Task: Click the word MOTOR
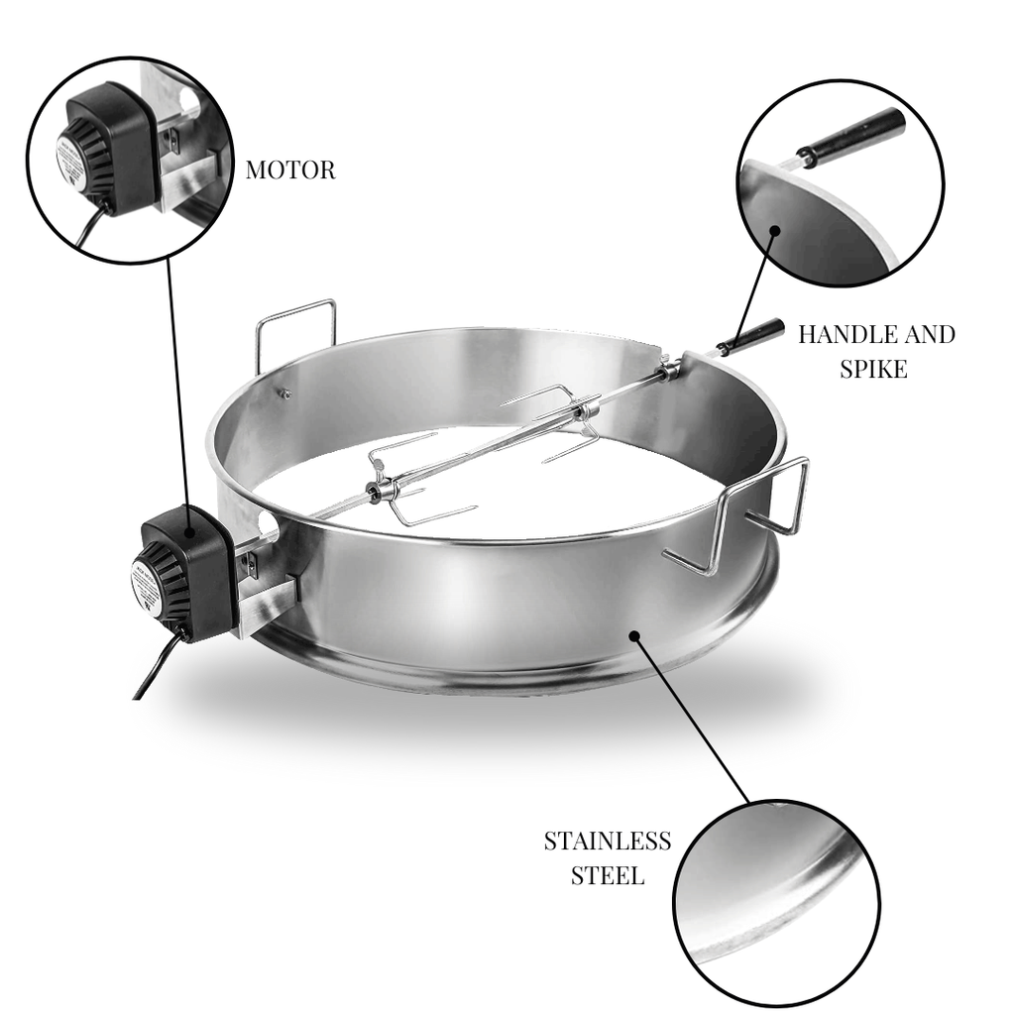click(x=289, y=170)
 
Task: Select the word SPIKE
click(x=873, y=369)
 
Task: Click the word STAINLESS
click(x=607, y=842)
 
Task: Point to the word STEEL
click(x=607, y=875)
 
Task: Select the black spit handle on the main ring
click(x=750, y=336)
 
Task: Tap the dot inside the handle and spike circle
click(x=774, y=231)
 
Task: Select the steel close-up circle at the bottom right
click(x=776, y=902)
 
